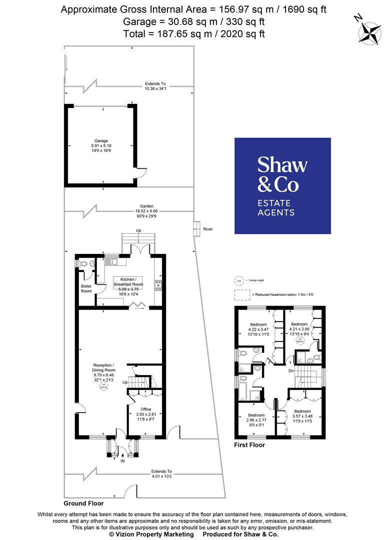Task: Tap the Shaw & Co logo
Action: [282, 185]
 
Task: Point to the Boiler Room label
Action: [87, 288]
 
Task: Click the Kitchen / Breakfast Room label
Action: [128, 285]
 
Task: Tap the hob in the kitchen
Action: [158, 285]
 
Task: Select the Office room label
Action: [145, 414]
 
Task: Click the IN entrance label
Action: [122, 460]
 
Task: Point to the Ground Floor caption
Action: [83, 503]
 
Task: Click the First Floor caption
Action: [249, 444]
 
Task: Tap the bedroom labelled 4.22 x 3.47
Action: [258, 330]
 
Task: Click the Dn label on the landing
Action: [290, 371]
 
